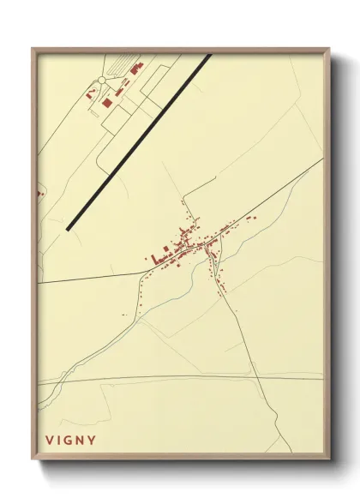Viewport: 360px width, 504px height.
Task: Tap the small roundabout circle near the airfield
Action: (101, 80)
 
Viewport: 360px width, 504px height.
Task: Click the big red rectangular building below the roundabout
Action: (107, 102)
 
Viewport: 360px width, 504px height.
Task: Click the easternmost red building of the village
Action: (254, 218)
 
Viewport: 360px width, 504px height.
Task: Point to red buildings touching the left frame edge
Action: (39, 194)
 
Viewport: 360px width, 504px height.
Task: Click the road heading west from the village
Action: (94, 277)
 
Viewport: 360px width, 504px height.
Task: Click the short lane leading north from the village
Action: (183, 211)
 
